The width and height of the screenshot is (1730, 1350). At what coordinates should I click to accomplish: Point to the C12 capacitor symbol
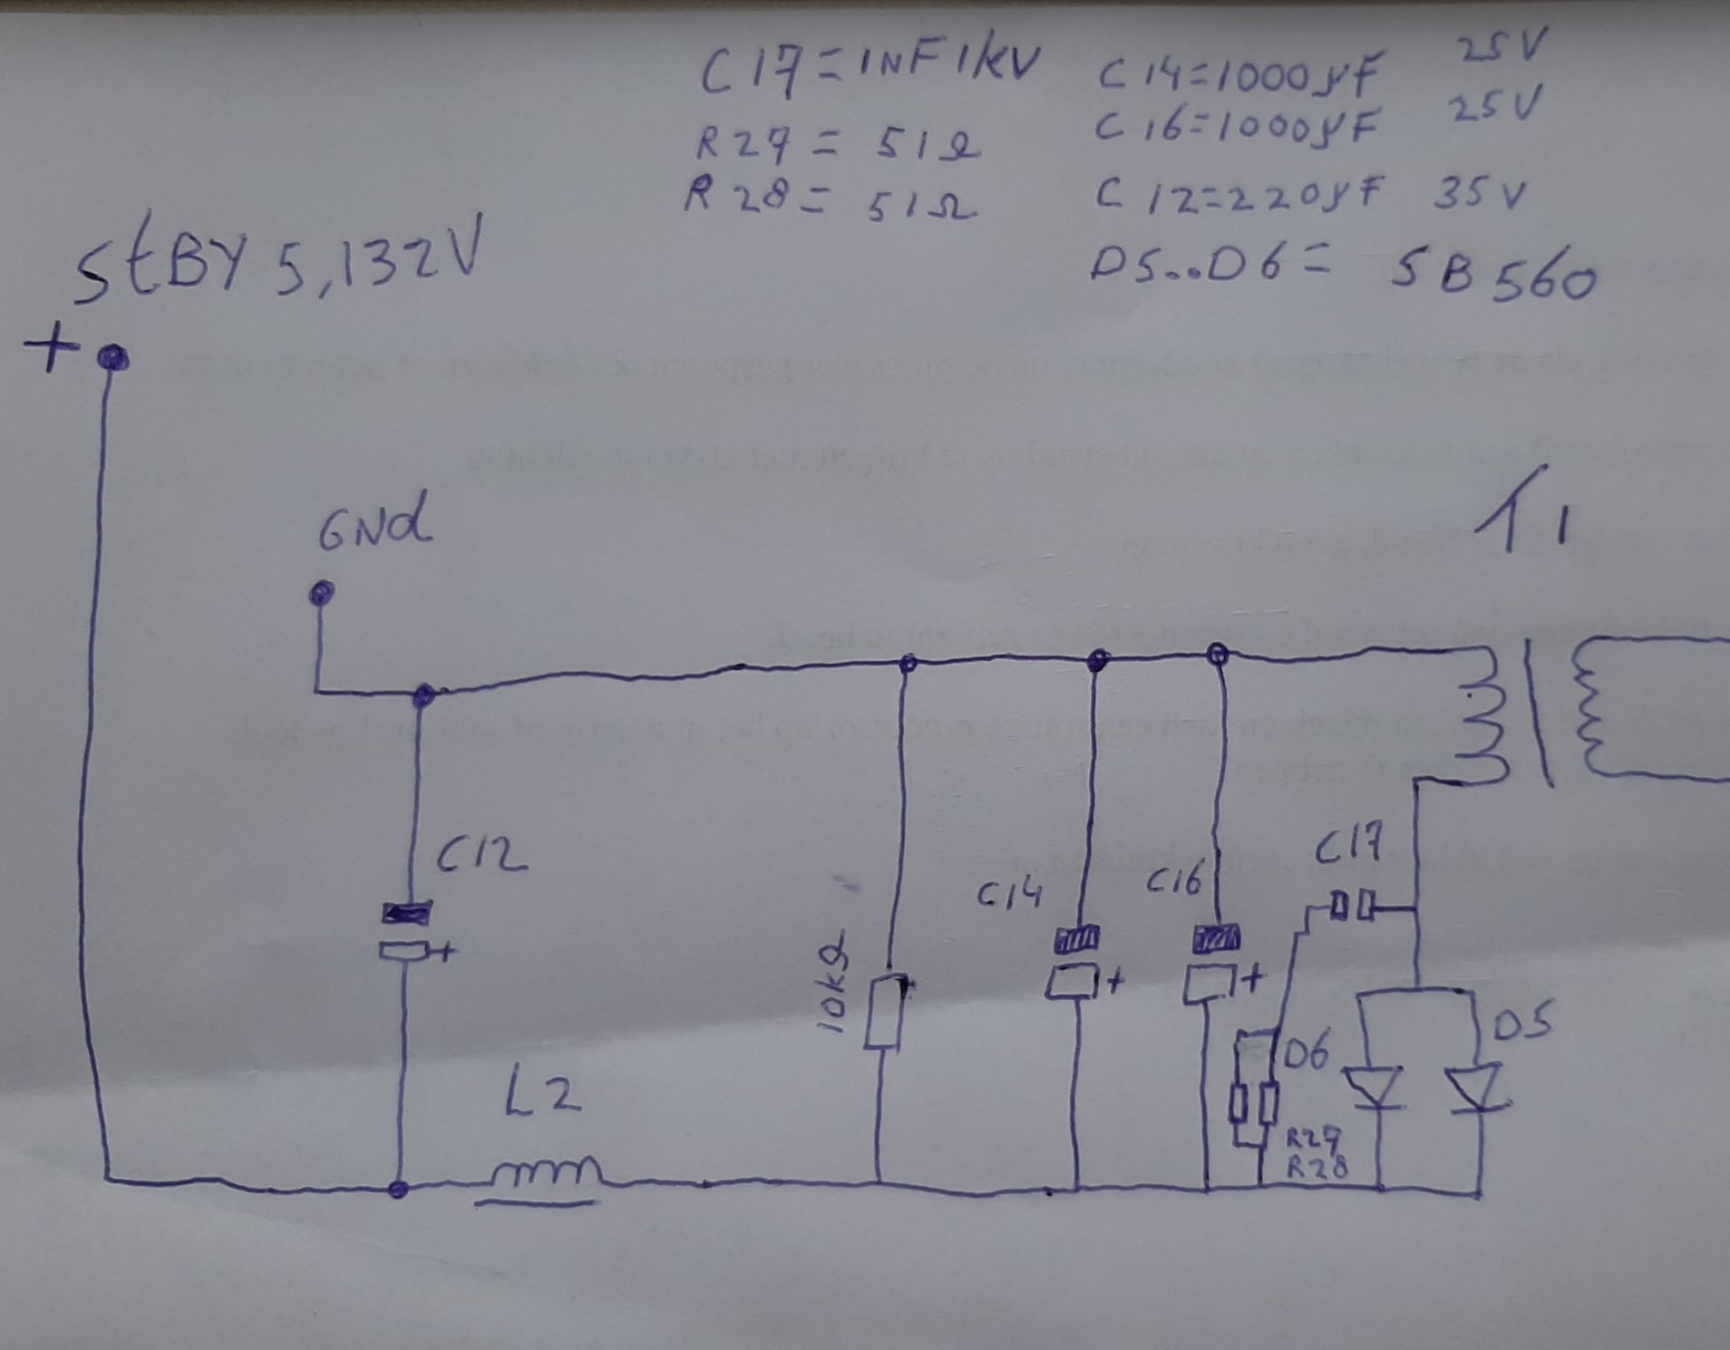pyautogui.click(x=406, y=931)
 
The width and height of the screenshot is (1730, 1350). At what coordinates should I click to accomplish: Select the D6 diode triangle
pyautogui.click(x=1375, y=1088)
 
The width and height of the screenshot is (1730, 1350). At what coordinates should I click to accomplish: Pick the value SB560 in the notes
pyautogui.click(x=1492, y=276)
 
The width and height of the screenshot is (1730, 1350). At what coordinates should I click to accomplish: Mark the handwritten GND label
pyautogui.click(x=374, y=527)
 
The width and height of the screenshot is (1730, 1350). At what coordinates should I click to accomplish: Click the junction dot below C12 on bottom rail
pyautogui.click(x=397, y=1189)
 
